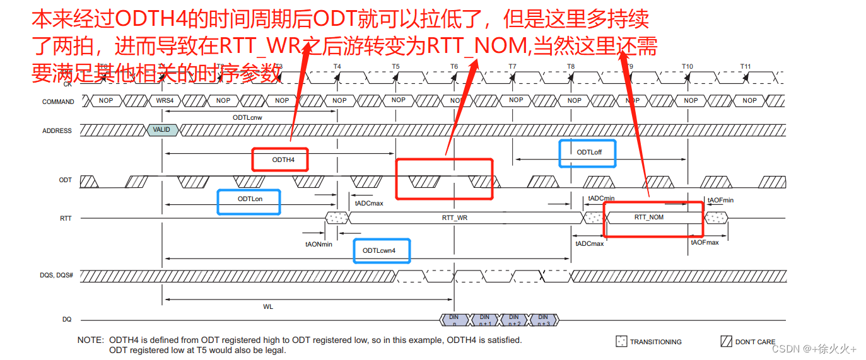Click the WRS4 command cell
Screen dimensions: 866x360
165,101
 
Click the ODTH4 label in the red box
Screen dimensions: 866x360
283,160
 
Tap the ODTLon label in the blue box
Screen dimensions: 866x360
250,199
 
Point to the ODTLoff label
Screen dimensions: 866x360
588,152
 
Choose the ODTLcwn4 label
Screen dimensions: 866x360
379,250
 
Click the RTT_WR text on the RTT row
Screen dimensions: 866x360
454,218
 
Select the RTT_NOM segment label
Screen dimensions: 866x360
648,218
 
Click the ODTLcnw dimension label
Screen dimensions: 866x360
247,117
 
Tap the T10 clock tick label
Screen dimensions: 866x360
687,67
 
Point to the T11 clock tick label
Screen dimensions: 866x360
746,67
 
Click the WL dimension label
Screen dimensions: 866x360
268,306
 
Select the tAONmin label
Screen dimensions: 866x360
319,244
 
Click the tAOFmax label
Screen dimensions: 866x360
705,242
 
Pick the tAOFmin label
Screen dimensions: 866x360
720,200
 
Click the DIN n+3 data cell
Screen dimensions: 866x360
542,320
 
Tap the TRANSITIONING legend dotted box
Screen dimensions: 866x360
621,342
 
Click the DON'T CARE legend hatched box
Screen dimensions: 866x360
727,342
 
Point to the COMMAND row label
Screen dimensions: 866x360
58,102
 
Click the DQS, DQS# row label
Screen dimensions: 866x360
57,276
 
